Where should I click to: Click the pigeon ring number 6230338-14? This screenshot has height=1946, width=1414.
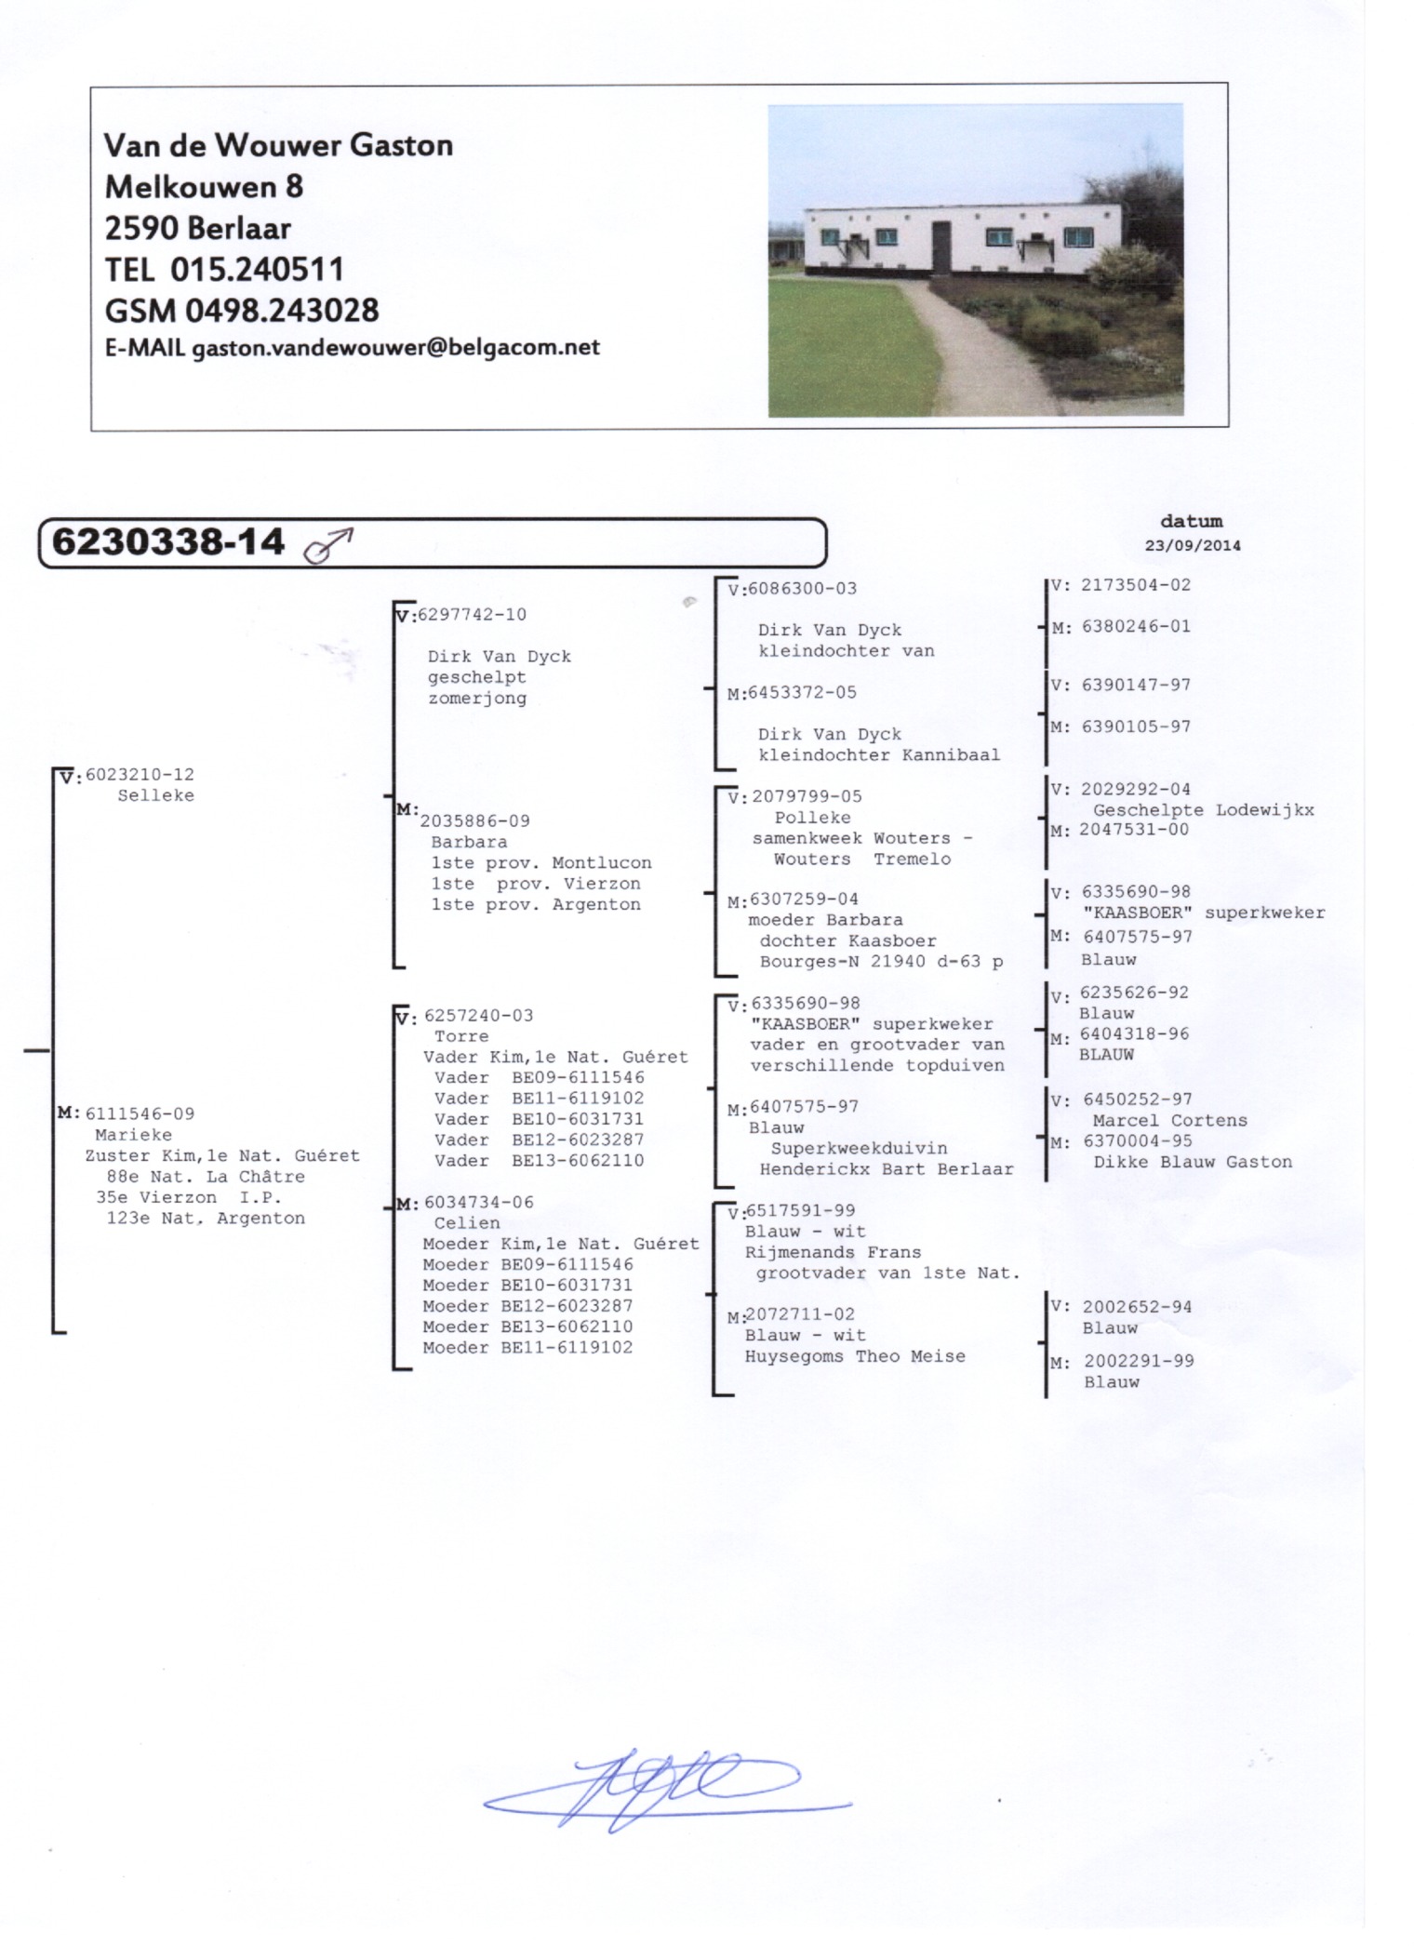tap(167, 541)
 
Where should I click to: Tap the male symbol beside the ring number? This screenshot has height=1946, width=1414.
tap(328, 546)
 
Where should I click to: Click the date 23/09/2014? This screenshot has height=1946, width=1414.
tap(1193, 546)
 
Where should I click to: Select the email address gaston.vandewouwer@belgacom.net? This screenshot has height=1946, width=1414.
tap(395, 348)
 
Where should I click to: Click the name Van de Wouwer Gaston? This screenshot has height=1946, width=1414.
tap(278, 145)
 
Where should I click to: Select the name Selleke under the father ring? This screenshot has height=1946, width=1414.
tap(156, 795)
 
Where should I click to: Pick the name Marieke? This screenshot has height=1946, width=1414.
tap(134, 1135)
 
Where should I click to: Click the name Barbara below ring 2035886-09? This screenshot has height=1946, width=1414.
tap(469, 842)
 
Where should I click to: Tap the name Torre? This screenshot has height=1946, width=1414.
tap(461, 1036)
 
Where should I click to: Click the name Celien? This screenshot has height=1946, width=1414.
tap(467, 1223)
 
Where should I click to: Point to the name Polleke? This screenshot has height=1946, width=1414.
tap(813, 818)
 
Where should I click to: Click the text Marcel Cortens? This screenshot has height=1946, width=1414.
tap(1170, 1121)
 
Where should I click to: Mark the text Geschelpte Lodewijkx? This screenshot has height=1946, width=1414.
tap(1204, 810)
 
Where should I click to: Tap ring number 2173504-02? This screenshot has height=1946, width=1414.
tap(1135, 585)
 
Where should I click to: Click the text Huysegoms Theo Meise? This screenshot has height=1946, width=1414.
tap(855, 1356)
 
